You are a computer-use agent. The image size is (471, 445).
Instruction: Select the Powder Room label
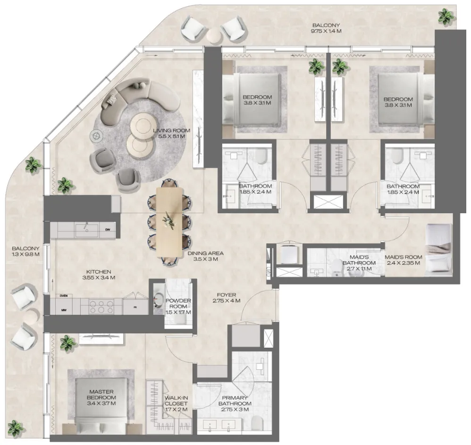tap(179, 307)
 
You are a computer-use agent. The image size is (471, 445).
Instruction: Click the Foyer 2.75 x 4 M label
tap(227, 298)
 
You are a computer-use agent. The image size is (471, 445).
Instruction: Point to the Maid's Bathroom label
tap(359, 263)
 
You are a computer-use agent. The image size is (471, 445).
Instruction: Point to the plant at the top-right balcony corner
tap(446, 17)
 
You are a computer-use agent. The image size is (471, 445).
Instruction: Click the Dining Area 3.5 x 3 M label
tap(205, 256)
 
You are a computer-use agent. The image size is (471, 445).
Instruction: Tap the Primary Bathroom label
tap(235, 407)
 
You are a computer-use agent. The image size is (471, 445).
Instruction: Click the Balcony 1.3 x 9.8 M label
tap(25, 251)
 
